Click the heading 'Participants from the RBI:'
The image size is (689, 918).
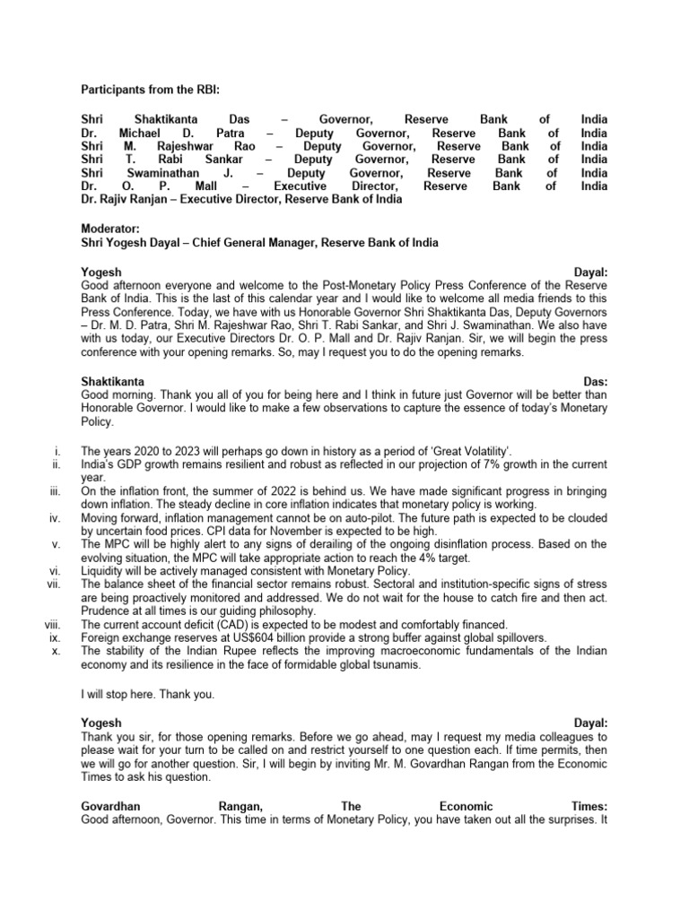[x=149, y=91]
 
